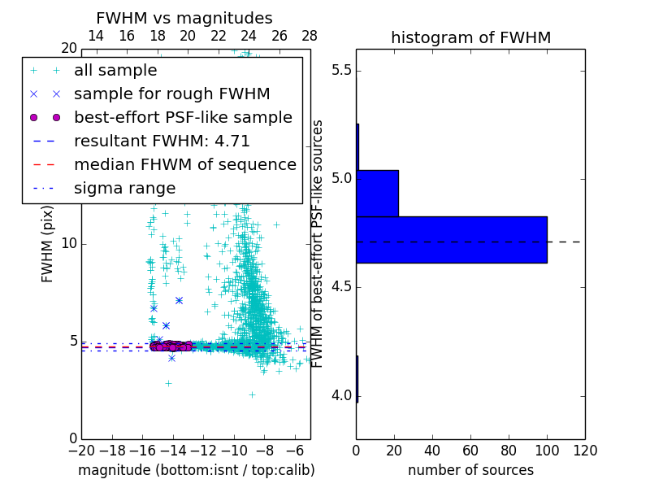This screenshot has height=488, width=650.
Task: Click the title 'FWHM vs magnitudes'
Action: coord(184,19)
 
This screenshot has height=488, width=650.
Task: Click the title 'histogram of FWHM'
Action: coord(470,38)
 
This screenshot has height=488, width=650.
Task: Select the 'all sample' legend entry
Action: coord(115,71)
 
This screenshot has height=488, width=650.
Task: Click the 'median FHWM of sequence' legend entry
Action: coord(184,165)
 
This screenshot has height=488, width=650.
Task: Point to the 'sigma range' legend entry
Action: coord(124,189)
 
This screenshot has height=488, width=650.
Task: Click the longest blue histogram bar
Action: coord(452,239)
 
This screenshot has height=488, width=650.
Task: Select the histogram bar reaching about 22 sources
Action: coord(378,193)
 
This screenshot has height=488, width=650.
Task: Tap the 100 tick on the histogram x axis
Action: coord(547,450)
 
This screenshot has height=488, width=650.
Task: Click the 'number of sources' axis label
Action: coord(470,470)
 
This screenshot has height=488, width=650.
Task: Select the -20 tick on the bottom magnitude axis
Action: coord(81,450)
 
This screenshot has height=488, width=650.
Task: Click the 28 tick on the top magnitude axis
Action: coord(310,37)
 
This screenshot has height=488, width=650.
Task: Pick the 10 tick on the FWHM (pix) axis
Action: coord(69,244)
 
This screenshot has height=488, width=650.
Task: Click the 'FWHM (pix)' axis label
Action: coord(48,244)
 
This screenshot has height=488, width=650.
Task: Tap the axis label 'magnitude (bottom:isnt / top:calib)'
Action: coord(196,470)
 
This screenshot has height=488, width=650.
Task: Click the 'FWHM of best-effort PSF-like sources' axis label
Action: coord(318,244)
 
